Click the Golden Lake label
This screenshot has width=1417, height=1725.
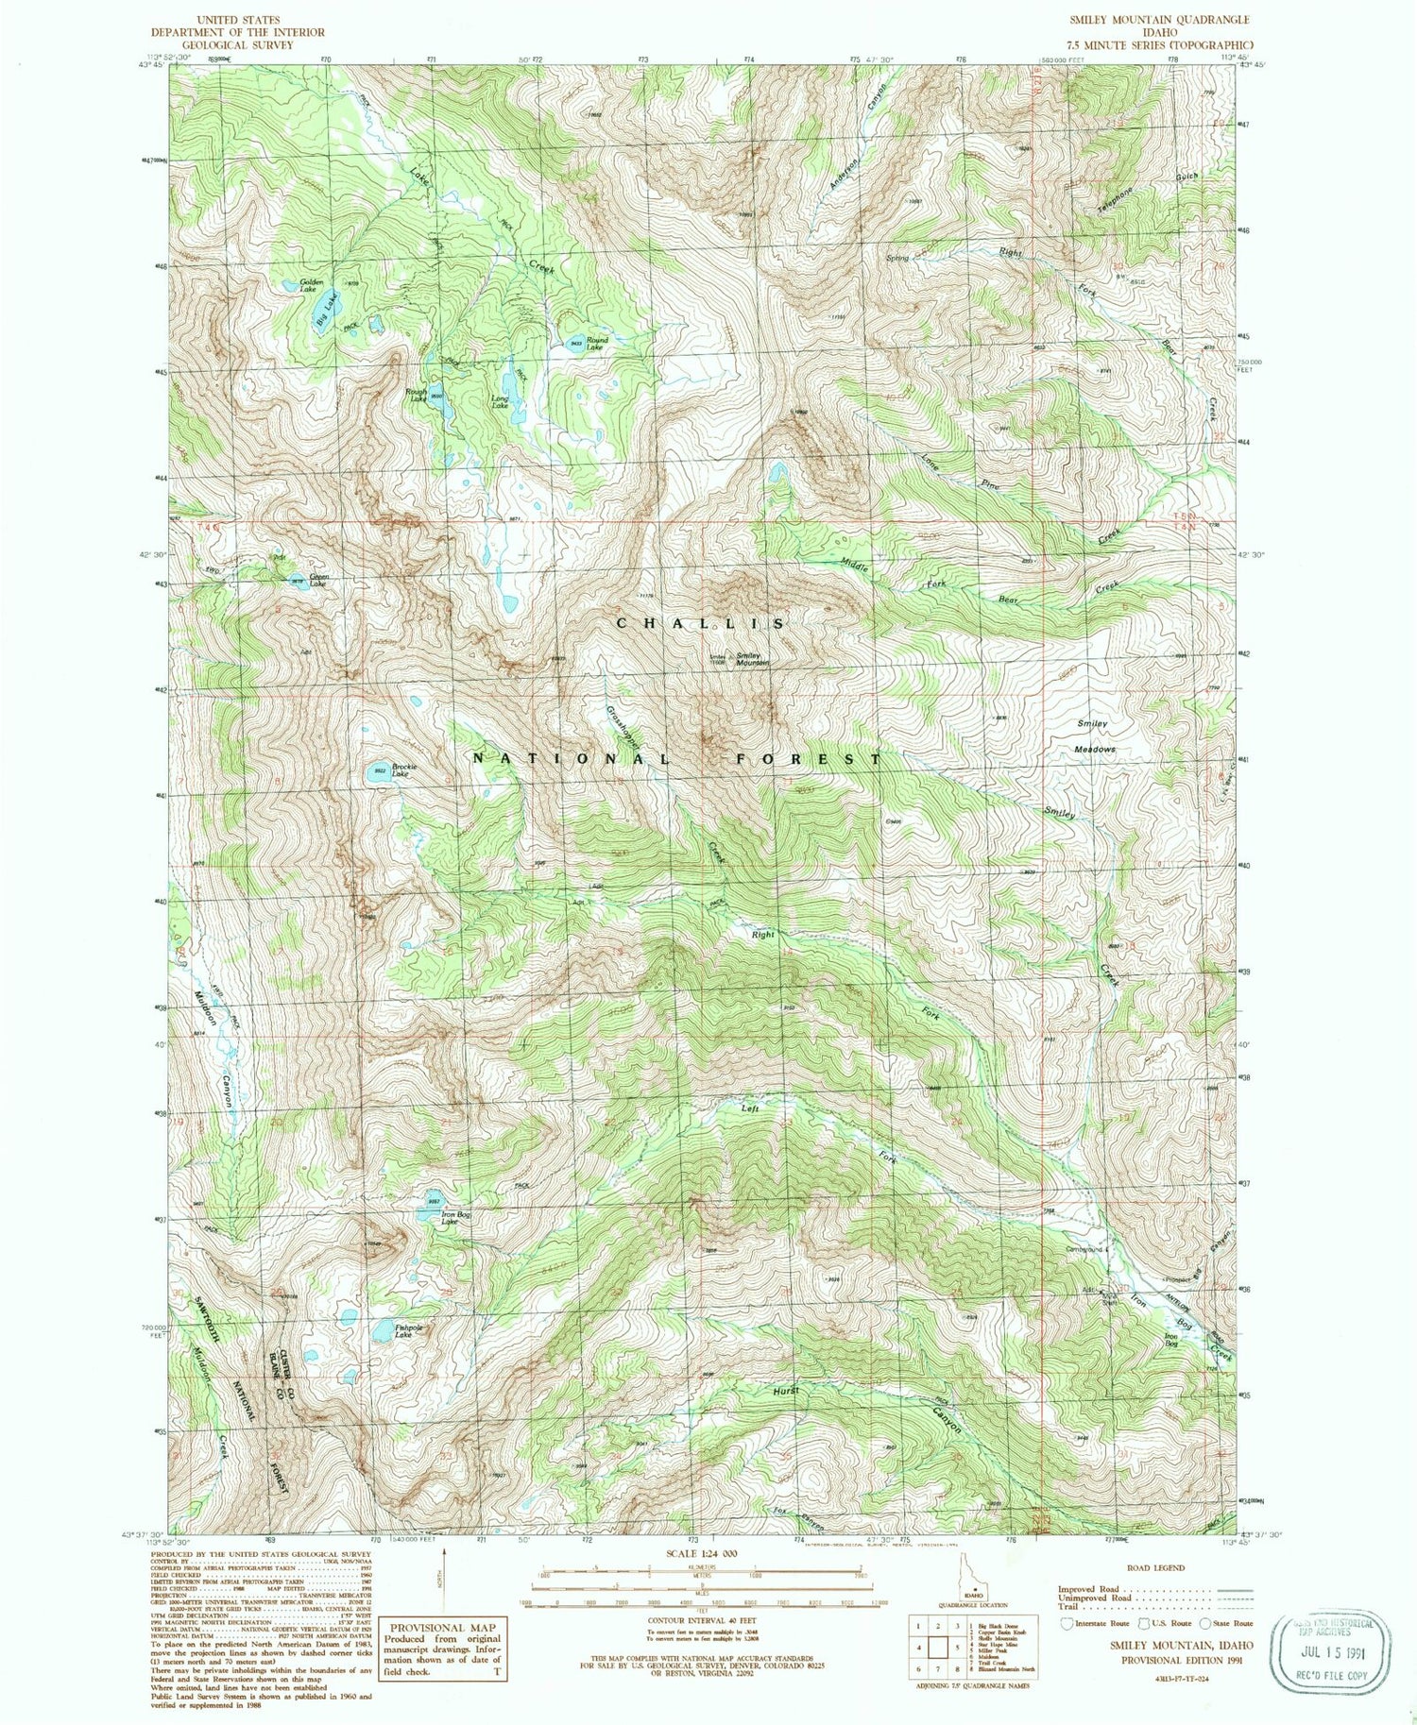(308, 285)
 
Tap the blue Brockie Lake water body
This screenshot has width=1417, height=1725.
(379, 772)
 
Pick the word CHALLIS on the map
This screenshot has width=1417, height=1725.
(700, 624)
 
